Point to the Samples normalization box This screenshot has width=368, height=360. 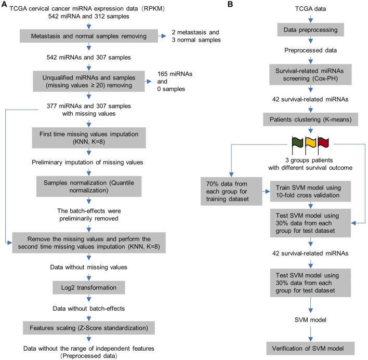point(89,186)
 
